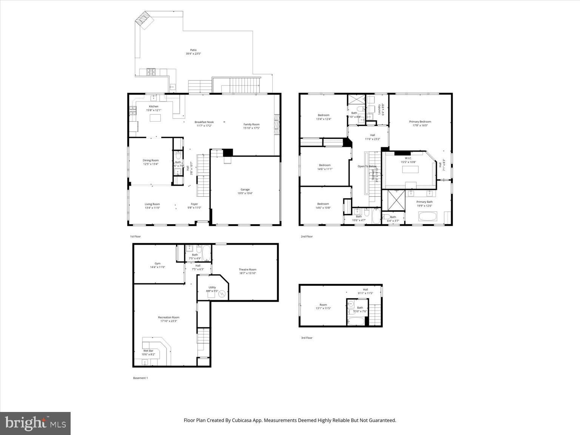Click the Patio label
[193, 50]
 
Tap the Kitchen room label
[154, 106]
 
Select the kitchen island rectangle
[156, 118]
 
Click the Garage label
[245, 190]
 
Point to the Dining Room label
[151, 160]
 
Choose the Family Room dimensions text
[251, 128]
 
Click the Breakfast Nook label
[204, 122]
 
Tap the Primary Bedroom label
[420, 122]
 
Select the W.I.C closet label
[408, 158]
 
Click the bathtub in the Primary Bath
[427, 217]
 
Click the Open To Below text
[367, 167]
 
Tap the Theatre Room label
[247, 270]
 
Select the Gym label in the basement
[157, 264]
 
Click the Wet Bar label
[148, 351]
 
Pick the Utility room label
[212, 287]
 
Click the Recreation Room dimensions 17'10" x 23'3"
[168, 321]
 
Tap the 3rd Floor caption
[307, 338]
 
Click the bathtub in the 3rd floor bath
[356, 322]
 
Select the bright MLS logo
[35, 423]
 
